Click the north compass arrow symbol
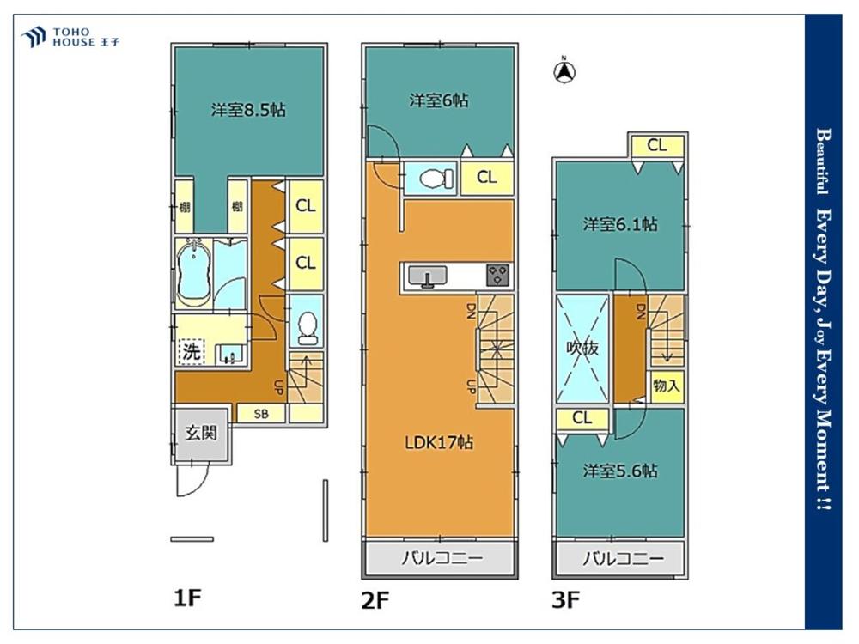tap(564, 71)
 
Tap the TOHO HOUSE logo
tap(70, 37)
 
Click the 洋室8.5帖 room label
tap(249, 110)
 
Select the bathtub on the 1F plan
tap(193, 272)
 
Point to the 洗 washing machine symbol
tap(192, 351)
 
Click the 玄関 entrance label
tap(201, 433)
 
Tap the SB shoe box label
tap(261, 414)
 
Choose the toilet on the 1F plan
tap(307, 328)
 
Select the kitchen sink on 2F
tap(428, 276)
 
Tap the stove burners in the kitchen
tap(497, 275)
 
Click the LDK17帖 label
tap(439, 442)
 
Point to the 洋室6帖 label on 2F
tap(439, 100)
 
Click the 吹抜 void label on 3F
tap(582, 348)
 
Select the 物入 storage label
tap(667, 386)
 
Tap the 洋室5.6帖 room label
tap(621, 471)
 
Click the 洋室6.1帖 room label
tap(620, 224)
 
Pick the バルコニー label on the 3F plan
tap(623, 559)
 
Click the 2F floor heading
tap(375, 601)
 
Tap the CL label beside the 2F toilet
tap(486, 177)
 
